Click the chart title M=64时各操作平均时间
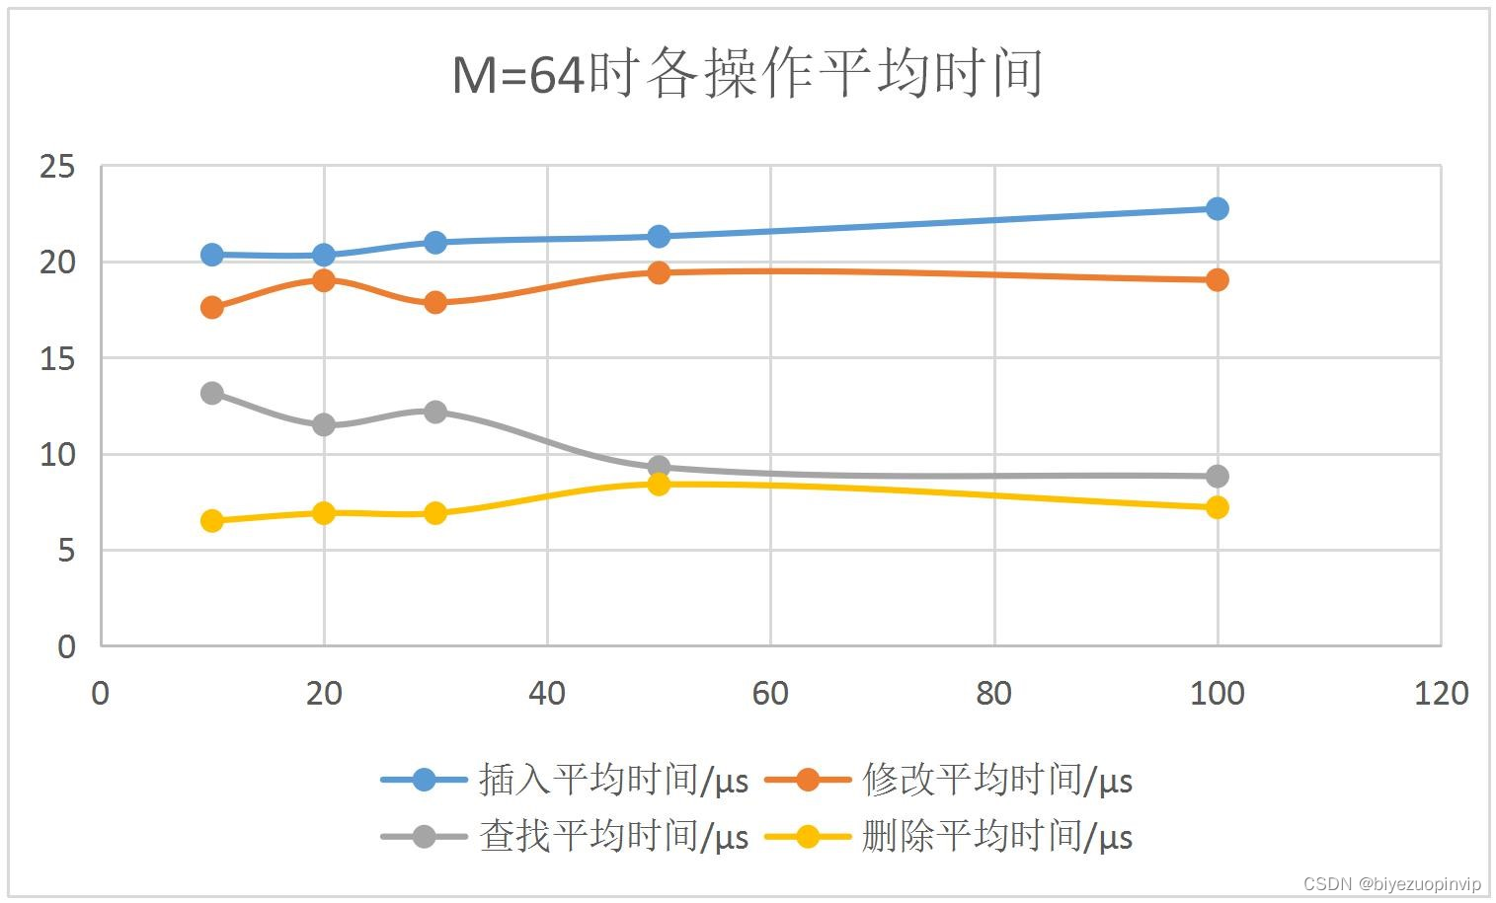pos(748,74)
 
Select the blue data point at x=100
pos(1217,208)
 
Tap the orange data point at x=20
pos(323,279)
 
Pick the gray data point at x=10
pos(211,393)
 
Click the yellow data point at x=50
pos(659,484)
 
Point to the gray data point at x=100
pos(1217,476)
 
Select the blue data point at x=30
pos(434,242)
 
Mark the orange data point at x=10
pos(211,307)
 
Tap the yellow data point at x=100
pos(1217,507)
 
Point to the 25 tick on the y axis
pos(57,167)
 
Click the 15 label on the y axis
pos(57,359)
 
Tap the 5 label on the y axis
pos(66,551)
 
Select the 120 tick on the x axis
pos(1441,694)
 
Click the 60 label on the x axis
pos(770,694)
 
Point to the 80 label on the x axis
pos(993,694)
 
